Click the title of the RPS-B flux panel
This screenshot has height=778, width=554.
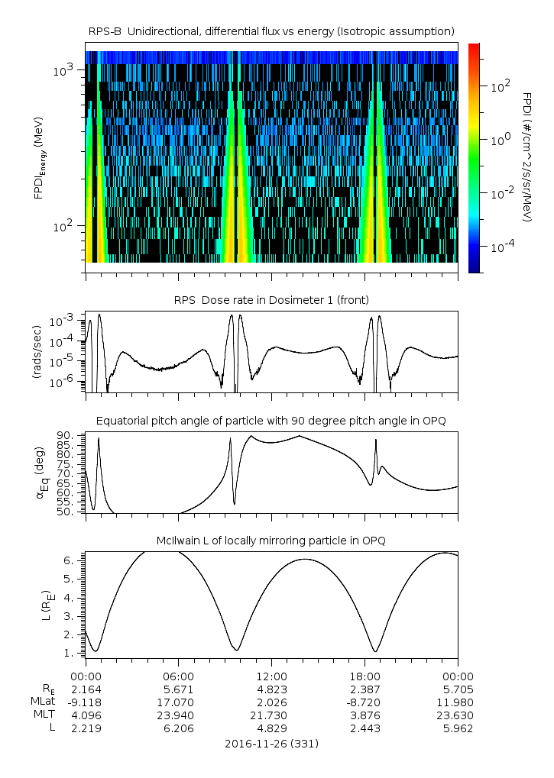click(271, 31)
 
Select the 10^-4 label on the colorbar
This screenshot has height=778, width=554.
click(500, 247)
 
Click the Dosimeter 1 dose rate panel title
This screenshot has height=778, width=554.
click(271, 300)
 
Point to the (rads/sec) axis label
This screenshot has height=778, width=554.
click(37, 352)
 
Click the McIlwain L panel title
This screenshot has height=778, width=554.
click(271, 541)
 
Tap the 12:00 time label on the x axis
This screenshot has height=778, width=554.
click(272, 676)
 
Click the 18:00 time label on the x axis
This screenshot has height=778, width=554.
click(365, 676)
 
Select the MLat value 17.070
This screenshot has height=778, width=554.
click(179, 702)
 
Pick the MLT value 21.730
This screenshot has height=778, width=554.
click(272, 715)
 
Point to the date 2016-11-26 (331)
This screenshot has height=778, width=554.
click(271, 743)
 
